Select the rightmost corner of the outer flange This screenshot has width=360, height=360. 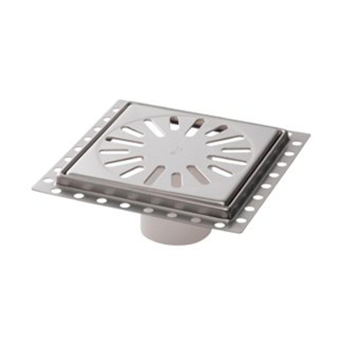tap(310, 138)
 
